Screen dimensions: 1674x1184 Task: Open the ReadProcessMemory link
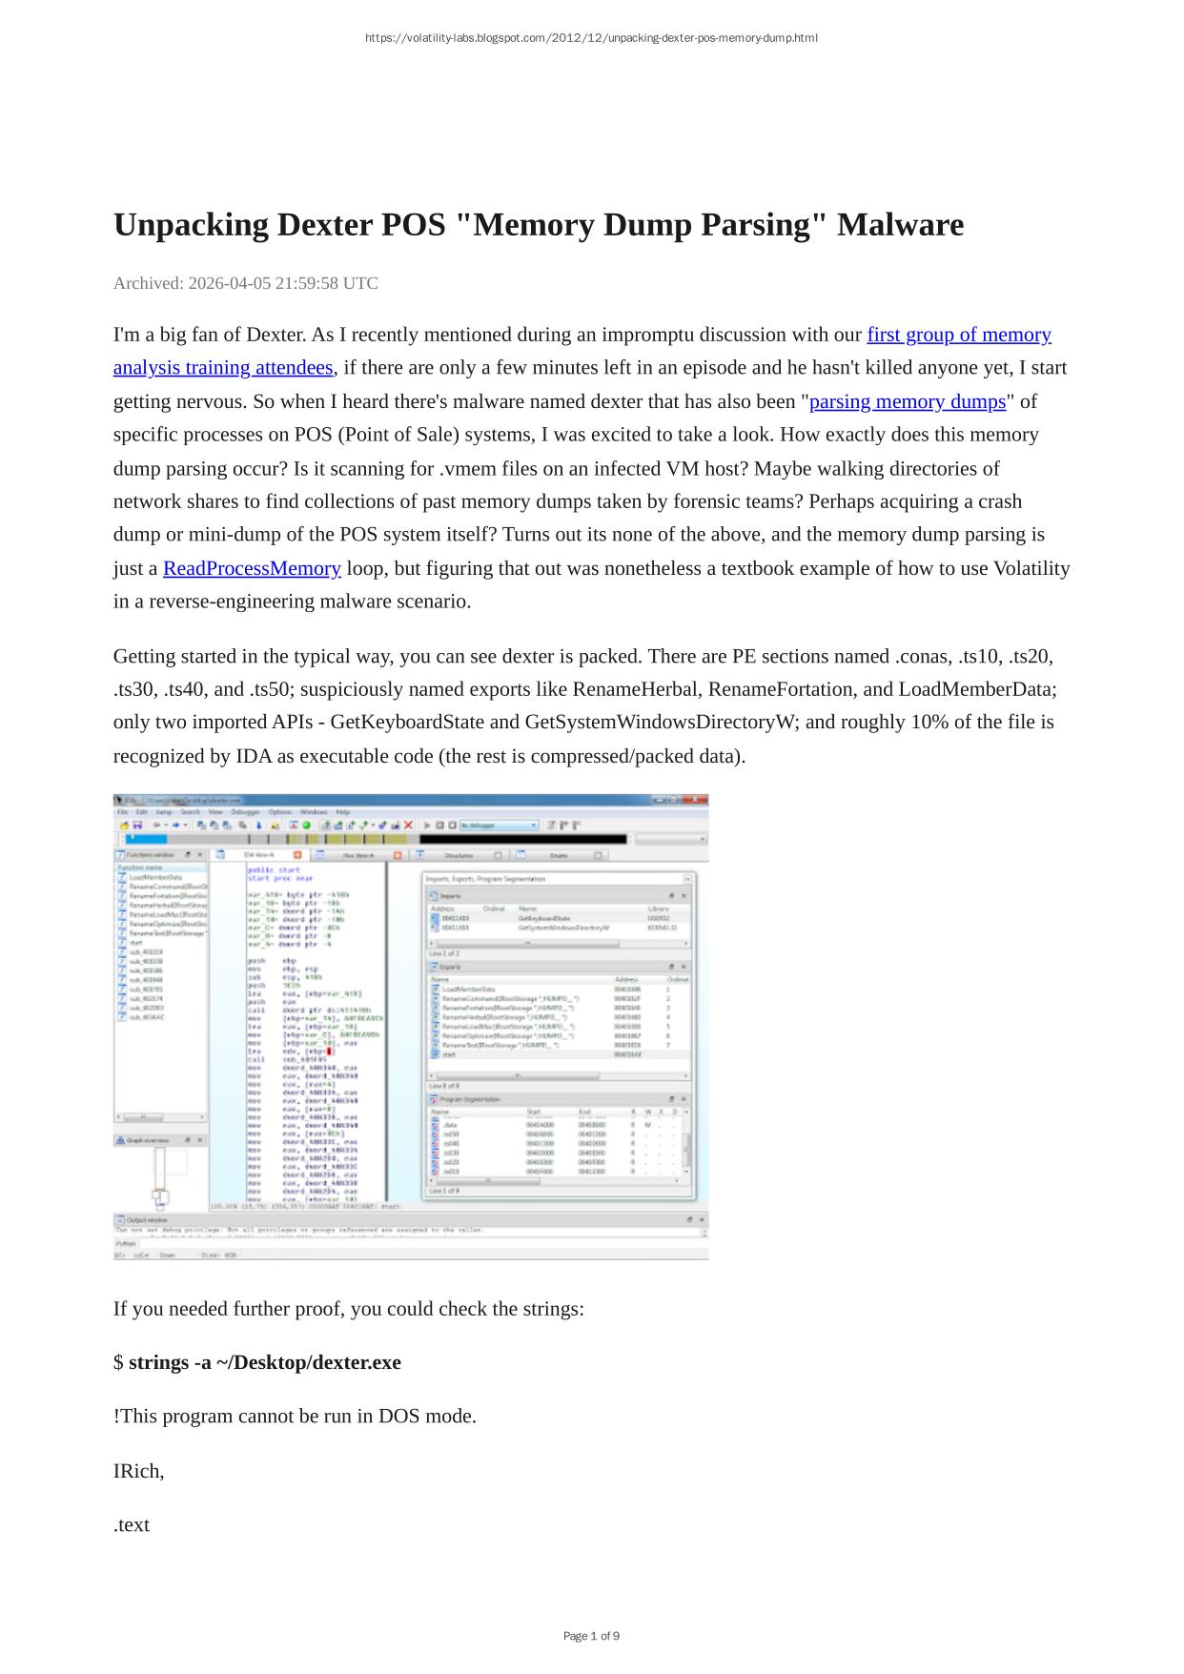(252, 568)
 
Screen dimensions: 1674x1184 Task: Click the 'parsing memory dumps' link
(908, 401)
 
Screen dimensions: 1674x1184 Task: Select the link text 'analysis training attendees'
(223, 368)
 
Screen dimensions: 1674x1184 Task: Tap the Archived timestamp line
(245, 283)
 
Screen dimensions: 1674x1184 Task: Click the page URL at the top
(591, 38)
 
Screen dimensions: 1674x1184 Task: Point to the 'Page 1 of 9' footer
(591, 1636)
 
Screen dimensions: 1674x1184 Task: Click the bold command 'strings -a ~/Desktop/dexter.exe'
(264, 1362)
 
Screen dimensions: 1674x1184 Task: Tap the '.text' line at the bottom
(132, 1524)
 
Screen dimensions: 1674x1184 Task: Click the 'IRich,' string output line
(138, 1471)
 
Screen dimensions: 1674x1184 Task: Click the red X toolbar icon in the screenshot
(409, 825)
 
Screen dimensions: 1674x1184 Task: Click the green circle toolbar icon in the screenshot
(307, 825)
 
